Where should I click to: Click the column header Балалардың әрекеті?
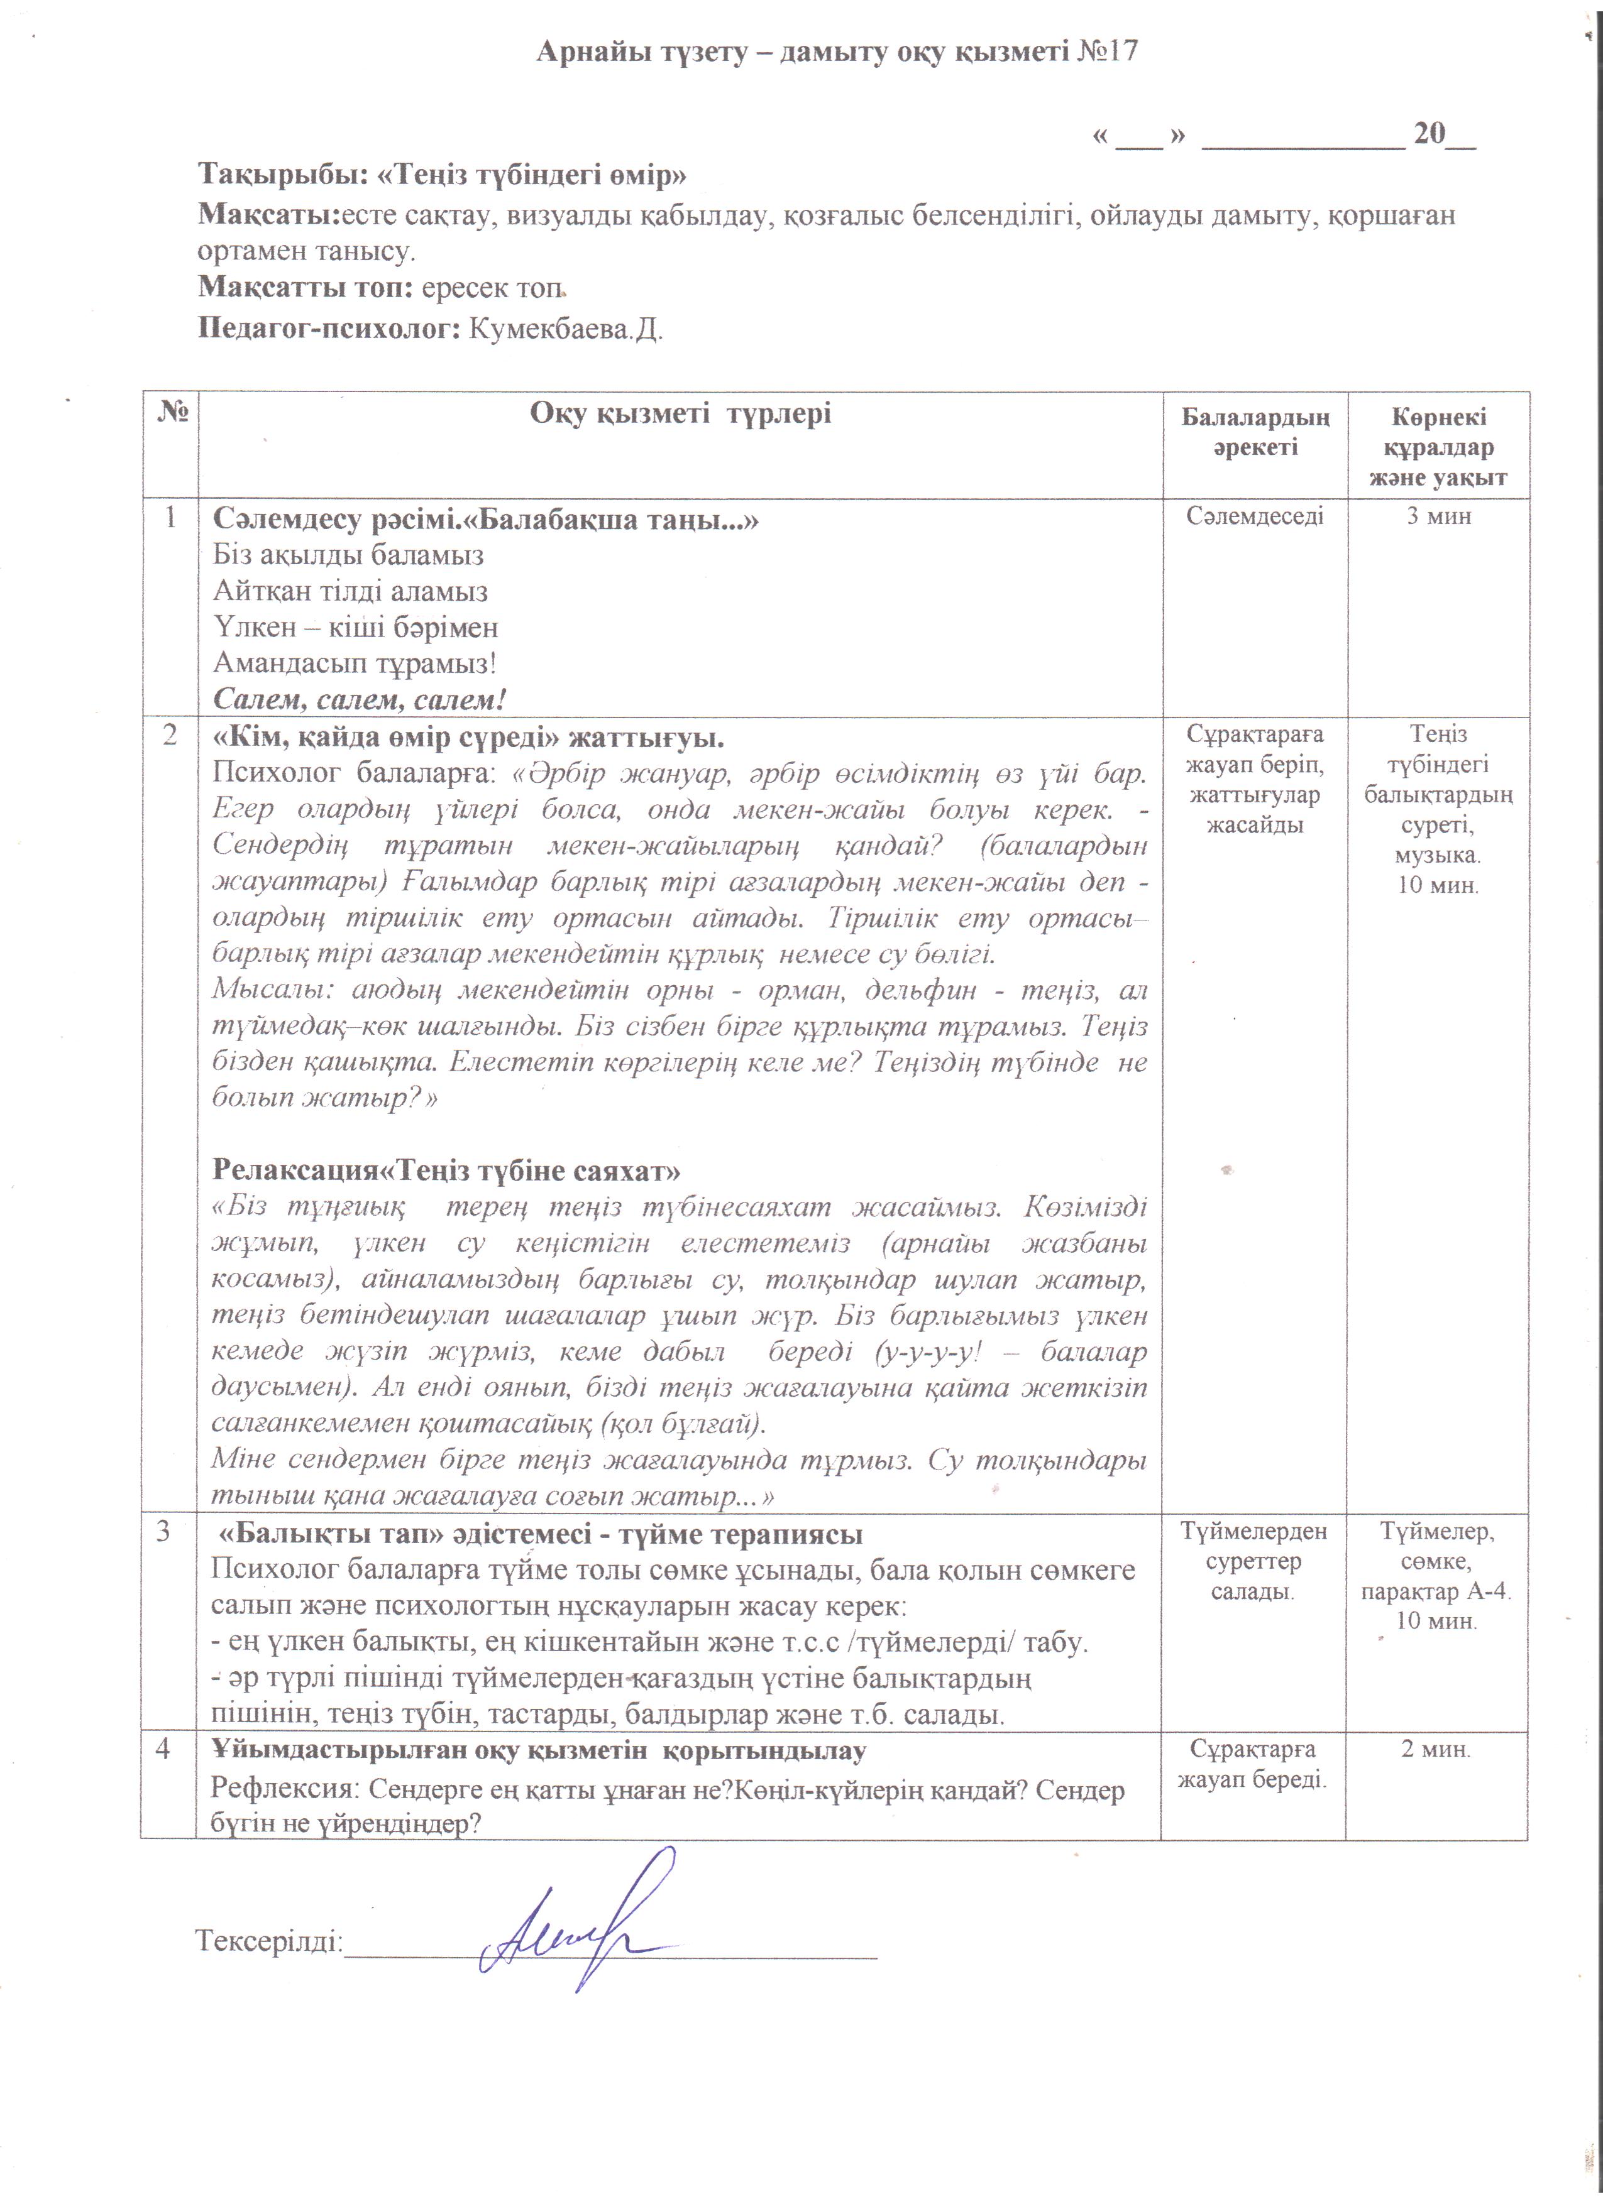coord(1254,432)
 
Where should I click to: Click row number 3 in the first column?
coord(163,1532)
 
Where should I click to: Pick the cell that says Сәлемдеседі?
coord(1254,516)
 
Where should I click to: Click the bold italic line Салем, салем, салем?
coord(360,700)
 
